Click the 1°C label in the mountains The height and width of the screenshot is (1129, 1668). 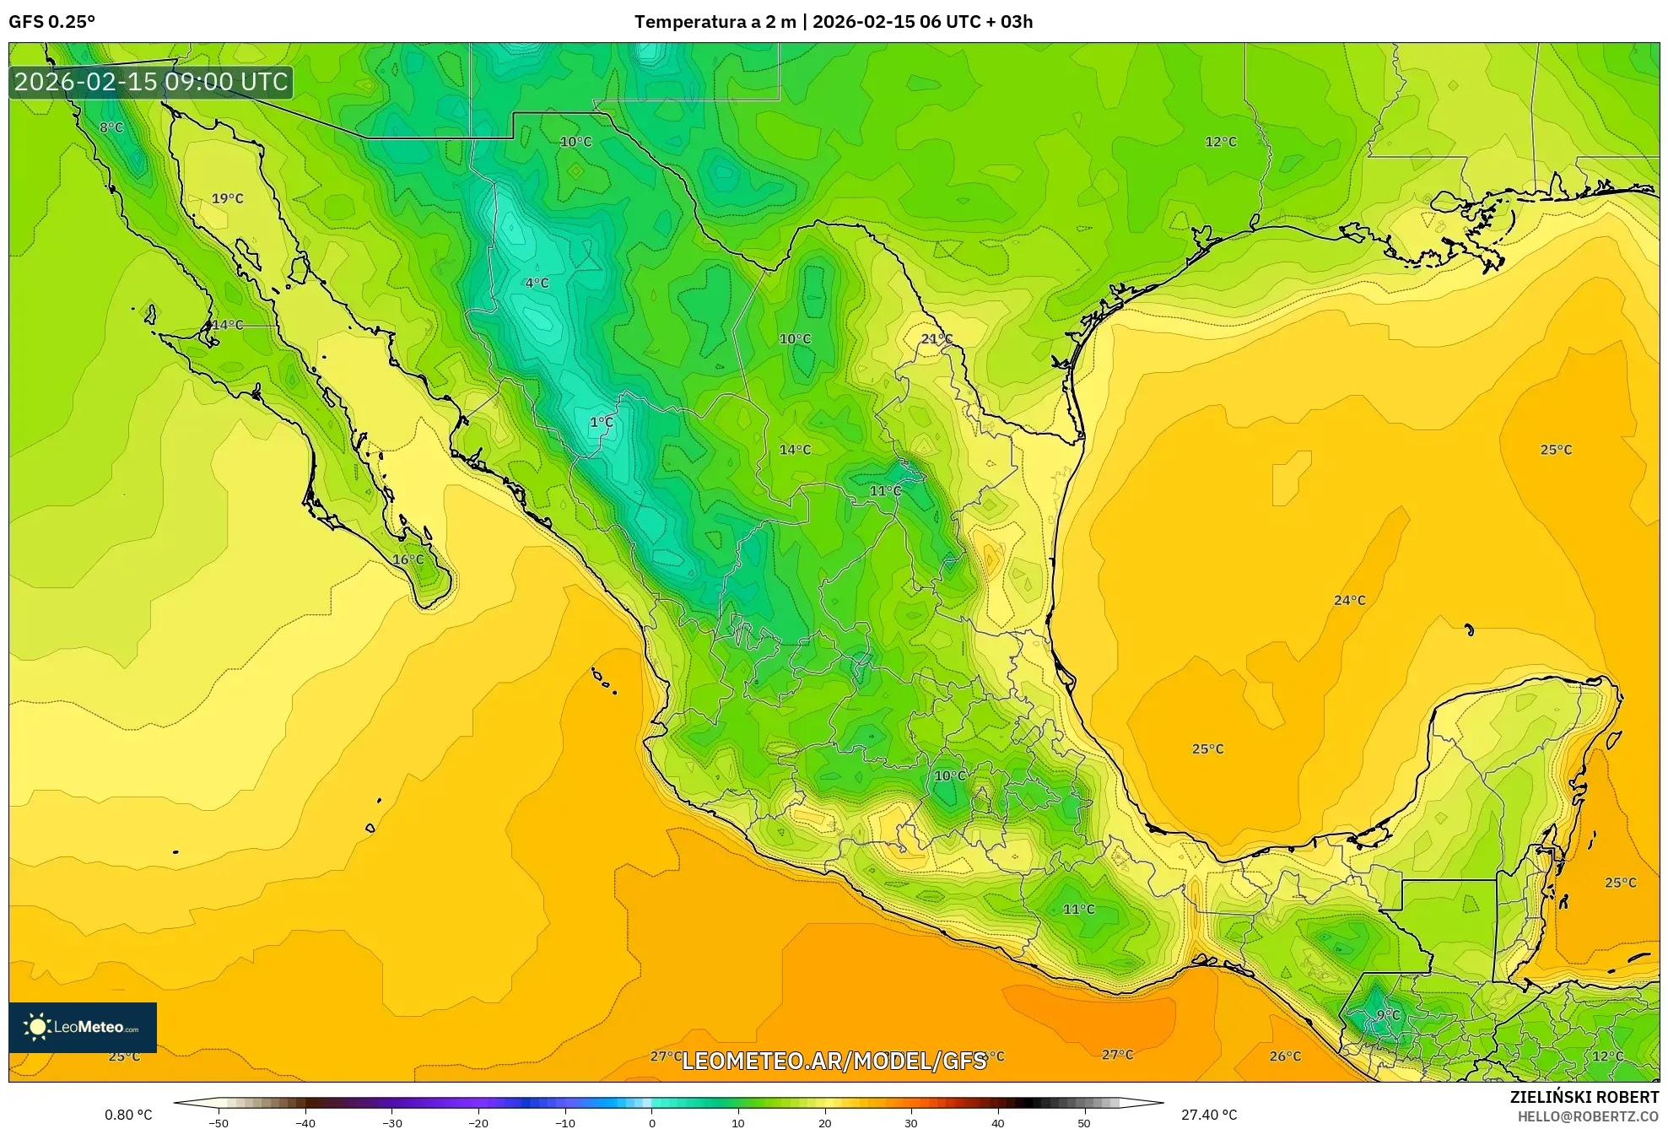601,422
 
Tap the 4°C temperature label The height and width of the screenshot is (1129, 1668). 537,284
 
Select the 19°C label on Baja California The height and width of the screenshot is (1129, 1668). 227,199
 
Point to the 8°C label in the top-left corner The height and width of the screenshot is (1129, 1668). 111,128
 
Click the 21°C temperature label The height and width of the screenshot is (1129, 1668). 936,339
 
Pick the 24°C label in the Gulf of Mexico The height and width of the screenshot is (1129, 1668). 1349,601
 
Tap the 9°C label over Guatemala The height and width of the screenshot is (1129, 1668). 1388,1015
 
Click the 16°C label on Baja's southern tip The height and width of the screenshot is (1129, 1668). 408,560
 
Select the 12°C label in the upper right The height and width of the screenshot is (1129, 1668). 1220,143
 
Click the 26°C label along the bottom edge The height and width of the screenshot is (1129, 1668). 1285,1056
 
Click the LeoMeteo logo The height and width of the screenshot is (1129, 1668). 83,1027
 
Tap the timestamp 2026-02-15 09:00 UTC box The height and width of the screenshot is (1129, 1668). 151,82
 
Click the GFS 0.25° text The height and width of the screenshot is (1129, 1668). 51,22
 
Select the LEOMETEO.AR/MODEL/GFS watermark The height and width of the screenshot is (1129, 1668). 834,1061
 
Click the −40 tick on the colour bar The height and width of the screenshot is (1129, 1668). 305,1122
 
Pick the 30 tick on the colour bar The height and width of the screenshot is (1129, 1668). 910,1122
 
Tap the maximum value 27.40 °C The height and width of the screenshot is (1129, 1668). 1208,1115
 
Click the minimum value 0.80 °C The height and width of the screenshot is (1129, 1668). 128,1115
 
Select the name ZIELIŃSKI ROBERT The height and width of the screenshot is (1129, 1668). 1584,1097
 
